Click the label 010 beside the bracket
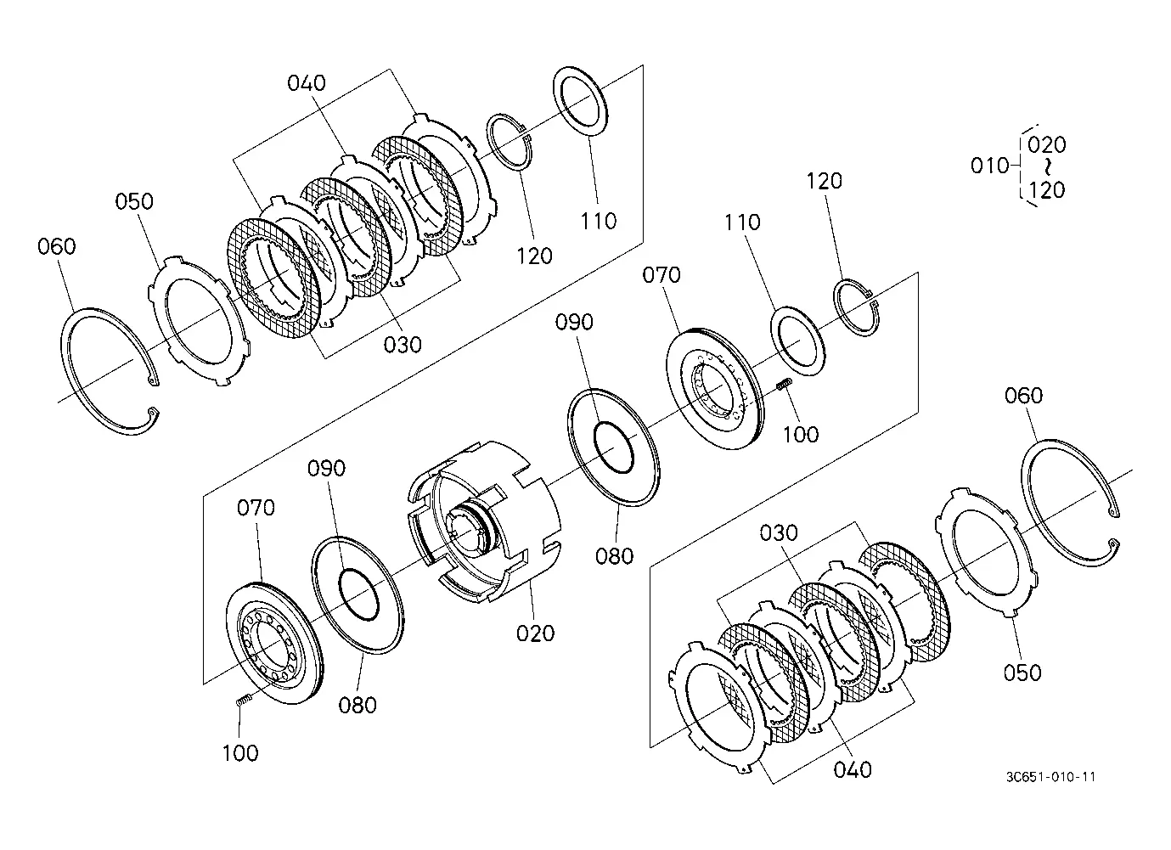pos(989,166)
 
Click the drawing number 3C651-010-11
pos(1050,777)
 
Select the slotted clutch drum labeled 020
pos(483,522)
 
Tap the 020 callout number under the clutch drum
pos(535,633)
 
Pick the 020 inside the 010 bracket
pos(1046,145)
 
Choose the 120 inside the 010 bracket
pos(1046,189)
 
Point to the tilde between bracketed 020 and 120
pos(1046,167)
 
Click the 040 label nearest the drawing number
pos(853,770)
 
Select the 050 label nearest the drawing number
pos(1022,673)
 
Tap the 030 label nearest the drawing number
pos(779,533)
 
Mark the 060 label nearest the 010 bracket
pos(1023,396)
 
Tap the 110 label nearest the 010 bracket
pos(742,222)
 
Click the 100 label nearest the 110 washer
pos(801,435)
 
